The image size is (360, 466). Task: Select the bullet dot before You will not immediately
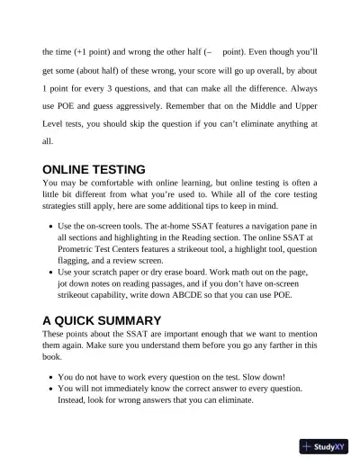[49, 390]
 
